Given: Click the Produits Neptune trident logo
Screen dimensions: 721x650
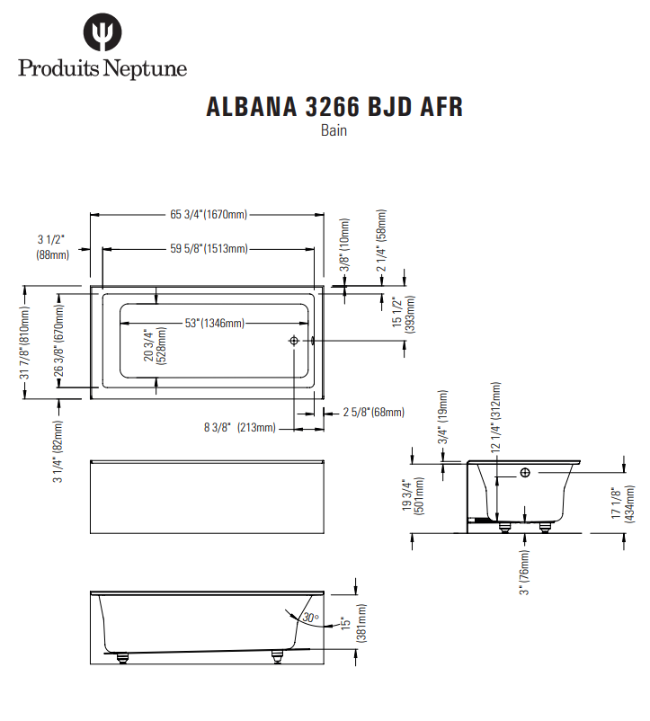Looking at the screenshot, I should point(102,34).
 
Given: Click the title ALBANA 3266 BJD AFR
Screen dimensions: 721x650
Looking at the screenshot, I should point(334,107).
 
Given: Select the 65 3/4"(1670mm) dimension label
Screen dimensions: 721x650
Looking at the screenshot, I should point(209,214).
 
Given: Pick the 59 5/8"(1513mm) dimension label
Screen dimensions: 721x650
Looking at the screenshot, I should point(209,248).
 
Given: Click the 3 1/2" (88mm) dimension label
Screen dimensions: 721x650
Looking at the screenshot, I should point(52,247).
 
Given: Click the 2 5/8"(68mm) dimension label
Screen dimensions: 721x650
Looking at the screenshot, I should point(373,413).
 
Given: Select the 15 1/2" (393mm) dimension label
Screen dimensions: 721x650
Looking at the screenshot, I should point(403,315).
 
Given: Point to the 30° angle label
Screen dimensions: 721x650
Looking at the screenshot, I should point(311,618).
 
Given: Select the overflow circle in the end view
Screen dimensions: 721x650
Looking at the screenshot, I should point(525,473).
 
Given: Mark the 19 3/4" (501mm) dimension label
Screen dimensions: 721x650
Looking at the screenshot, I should point(414,496).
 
